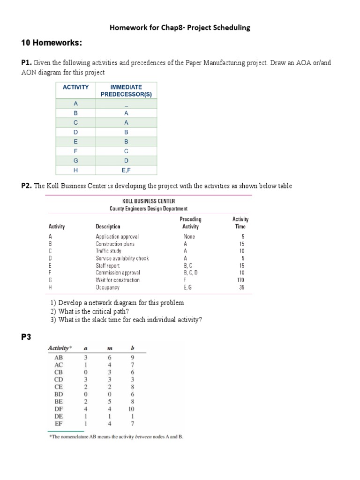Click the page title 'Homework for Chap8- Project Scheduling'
click(180, 28)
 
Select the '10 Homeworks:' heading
click(52, 44)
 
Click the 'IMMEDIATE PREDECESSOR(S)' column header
click(126, 90)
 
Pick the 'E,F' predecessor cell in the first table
click(126, 171)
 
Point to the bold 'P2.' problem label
click(27, 186)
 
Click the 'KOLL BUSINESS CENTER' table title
click(149, 201)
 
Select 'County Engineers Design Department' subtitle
click(149, 209)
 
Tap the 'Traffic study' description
click(109, 251)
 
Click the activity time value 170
click(240, 280)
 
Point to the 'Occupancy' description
click(108, 287)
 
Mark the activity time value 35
click(241, 287)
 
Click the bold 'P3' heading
click(26, 337)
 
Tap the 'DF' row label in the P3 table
click(58, 409)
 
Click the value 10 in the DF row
click(130, 409)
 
